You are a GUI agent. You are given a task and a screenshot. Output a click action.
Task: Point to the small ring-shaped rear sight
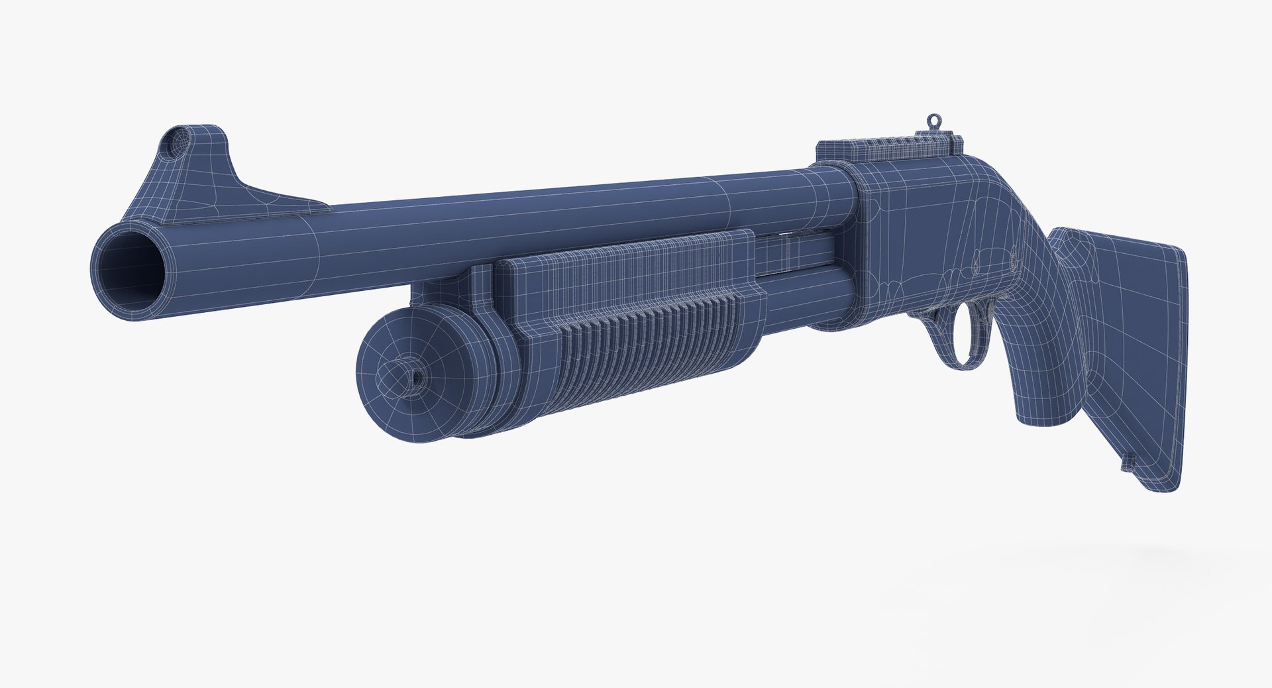pyautogui.click(x=933, y=121)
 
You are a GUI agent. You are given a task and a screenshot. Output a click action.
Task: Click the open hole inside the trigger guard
pyautogui.click(x=962, y=335)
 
